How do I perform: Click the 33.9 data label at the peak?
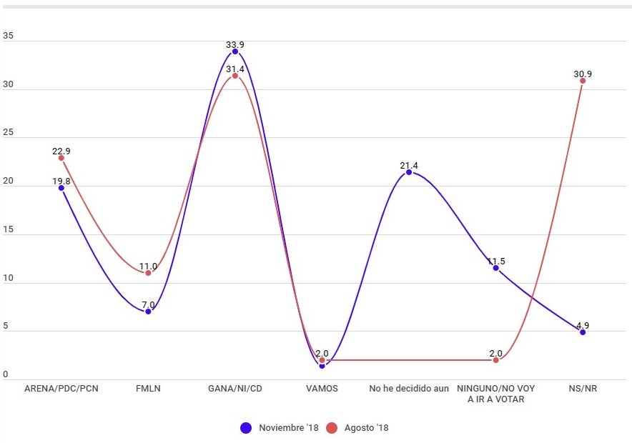(x=235, y=44)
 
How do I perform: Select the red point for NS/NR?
(x=583, y=81)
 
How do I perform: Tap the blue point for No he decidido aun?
(x=409, y=172)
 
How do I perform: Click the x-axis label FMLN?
(x=148, y=389)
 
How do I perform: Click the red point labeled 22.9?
(x=61, y=158)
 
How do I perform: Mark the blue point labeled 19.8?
(x=61, y=188)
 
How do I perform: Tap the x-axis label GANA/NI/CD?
(x=235, y=389)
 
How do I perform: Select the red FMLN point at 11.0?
(x=148, y=273)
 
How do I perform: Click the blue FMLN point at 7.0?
(x=148, y=312)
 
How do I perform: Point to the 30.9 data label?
(x=583, y=74)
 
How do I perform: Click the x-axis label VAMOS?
(x=322, y=389)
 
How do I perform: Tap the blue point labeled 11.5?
(x=495, y=268)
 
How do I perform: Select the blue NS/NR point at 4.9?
(x=583, y=332)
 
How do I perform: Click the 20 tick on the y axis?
(x=8, y=181)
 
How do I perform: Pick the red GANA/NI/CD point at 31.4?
(x=235, y=76)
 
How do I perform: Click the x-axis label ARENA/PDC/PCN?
(x=61, y=389)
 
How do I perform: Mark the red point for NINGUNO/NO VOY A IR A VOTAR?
(x=495, y=360)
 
